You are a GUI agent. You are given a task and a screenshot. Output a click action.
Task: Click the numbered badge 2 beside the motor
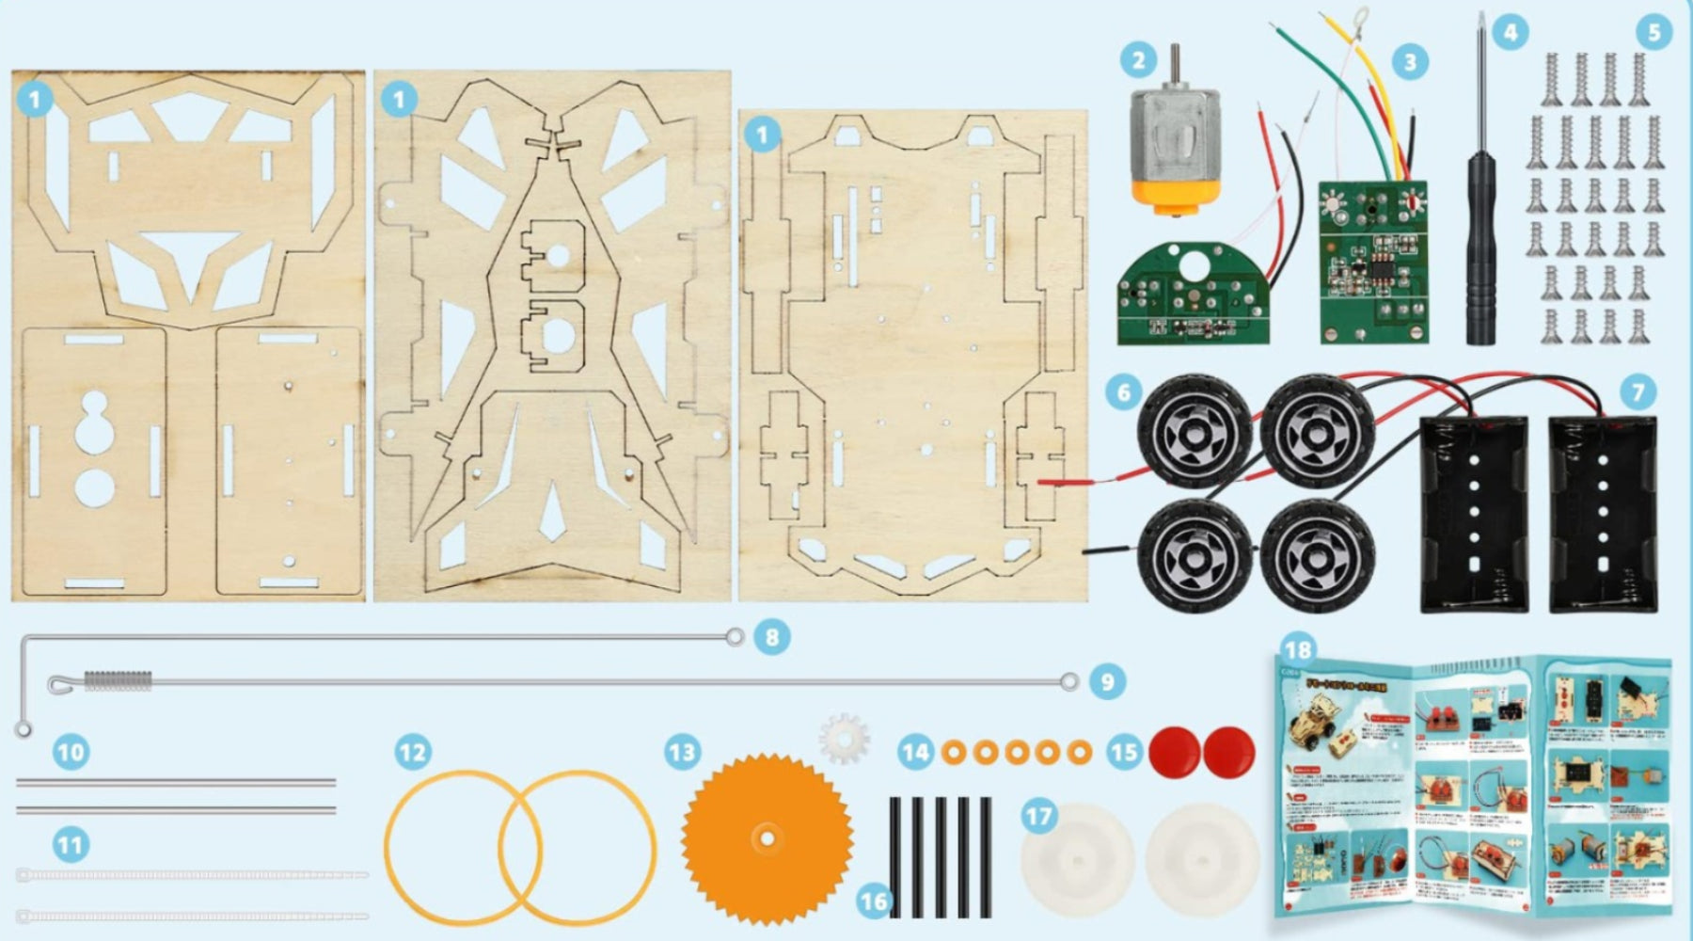point(1138,61)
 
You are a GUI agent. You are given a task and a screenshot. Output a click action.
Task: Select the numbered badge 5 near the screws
point(1653,32)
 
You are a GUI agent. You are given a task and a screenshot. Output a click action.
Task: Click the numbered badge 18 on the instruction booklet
point(1297,650)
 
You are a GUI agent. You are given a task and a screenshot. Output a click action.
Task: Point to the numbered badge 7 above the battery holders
point(1638,391)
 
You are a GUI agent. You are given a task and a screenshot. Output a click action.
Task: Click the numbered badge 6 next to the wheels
point(1123,391)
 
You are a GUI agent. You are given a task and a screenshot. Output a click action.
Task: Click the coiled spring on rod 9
point(118,680)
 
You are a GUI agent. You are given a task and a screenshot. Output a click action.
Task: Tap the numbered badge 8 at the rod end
point(771,637)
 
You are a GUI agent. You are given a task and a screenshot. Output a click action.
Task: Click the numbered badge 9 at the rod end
point(1106,681)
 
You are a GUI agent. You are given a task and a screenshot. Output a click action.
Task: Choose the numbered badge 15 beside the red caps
point(1124,752)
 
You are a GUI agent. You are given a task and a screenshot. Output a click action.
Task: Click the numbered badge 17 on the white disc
point(1039,816)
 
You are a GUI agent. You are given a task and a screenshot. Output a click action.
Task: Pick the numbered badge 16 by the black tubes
point(874,901)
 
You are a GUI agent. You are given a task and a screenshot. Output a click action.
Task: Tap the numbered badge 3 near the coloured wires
point(1409,62)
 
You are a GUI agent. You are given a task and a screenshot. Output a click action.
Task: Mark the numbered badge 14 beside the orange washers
point(915,752)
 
